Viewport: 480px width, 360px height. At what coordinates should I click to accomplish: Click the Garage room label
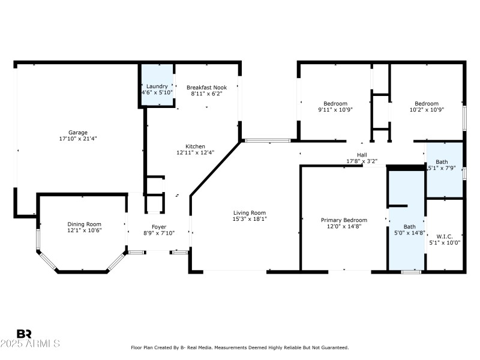pyautogui.click(x=77, y=133)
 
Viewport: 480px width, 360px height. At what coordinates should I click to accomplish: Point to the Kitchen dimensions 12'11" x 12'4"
pyautogui.click(x=195, y=153)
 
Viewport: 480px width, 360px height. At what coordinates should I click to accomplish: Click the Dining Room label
pyautogui.click(x=84, y=224)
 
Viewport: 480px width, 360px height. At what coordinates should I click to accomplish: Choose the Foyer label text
pyautogui.click(x=159, y=227)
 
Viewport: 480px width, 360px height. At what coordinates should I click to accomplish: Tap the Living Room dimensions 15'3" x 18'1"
pyautogui.click(x=250, y=219)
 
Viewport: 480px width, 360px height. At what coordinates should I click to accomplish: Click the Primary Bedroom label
pyautogui.click(x=343, y=220)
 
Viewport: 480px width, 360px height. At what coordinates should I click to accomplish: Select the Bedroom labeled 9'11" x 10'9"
pyautogui.click(x=335, y=103)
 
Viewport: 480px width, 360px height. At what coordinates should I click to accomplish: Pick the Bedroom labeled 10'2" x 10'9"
pyautogui.click(x=427, y=103)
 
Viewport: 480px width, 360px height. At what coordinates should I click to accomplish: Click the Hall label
pyautogui.click(x=362, y=155)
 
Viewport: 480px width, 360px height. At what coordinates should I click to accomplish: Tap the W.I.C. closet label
pyautogui.click(x=445, y=236)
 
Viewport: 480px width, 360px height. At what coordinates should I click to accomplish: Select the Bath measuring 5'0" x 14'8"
pyautogui.click(x=409, y=227)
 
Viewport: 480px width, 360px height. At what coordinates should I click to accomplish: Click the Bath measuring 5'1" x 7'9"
pyautogui.click(x=442, y=162)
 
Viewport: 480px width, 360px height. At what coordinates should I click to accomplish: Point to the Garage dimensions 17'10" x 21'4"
pyautogui.click(x=77, y=139)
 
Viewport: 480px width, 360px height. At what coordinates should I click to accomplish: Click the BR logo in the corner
pyautogui.click(x=24, y=334)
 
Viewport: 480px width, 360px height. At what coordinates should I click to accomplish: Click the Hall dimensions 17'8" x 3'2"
pyautogui.click(x=362, y=161)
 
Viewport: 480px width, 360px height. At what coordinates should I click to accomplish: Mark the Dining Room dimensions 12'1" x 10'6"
pyautogui.click(x=84, y=230)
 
